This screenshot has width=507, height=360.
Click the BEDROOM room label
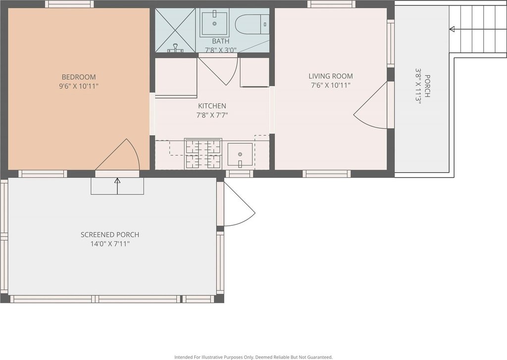click(79, 77)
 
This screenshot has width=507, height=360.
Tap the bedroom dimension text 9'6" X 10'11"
click(79, 86)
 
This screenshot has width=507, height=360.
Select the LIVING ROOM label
click(330, 76)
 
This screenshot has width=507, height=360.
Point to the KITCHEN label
click(212, 106)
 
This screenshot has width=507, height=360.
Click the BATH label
click(221, 41)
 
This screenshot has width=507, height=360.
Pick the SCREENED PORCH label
click(110, 235)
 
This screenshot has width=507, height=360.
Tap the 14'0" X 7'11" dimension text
click(110, 244)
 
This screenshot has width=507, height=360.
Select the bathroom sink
click(214, 22)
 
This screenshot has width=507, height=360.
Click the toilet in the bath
click(252, 24)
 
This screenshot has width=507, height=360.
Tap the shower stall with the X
click(175, 30)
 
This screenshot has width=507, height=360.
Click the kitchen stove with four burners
click(203, 154)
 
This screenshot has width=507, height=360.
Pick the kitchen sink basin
click(240, 155)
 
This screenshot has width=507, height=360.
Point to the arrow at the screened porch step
click(117, 186)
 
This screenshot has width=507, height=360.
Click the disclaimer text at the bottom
click(253, 357)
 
